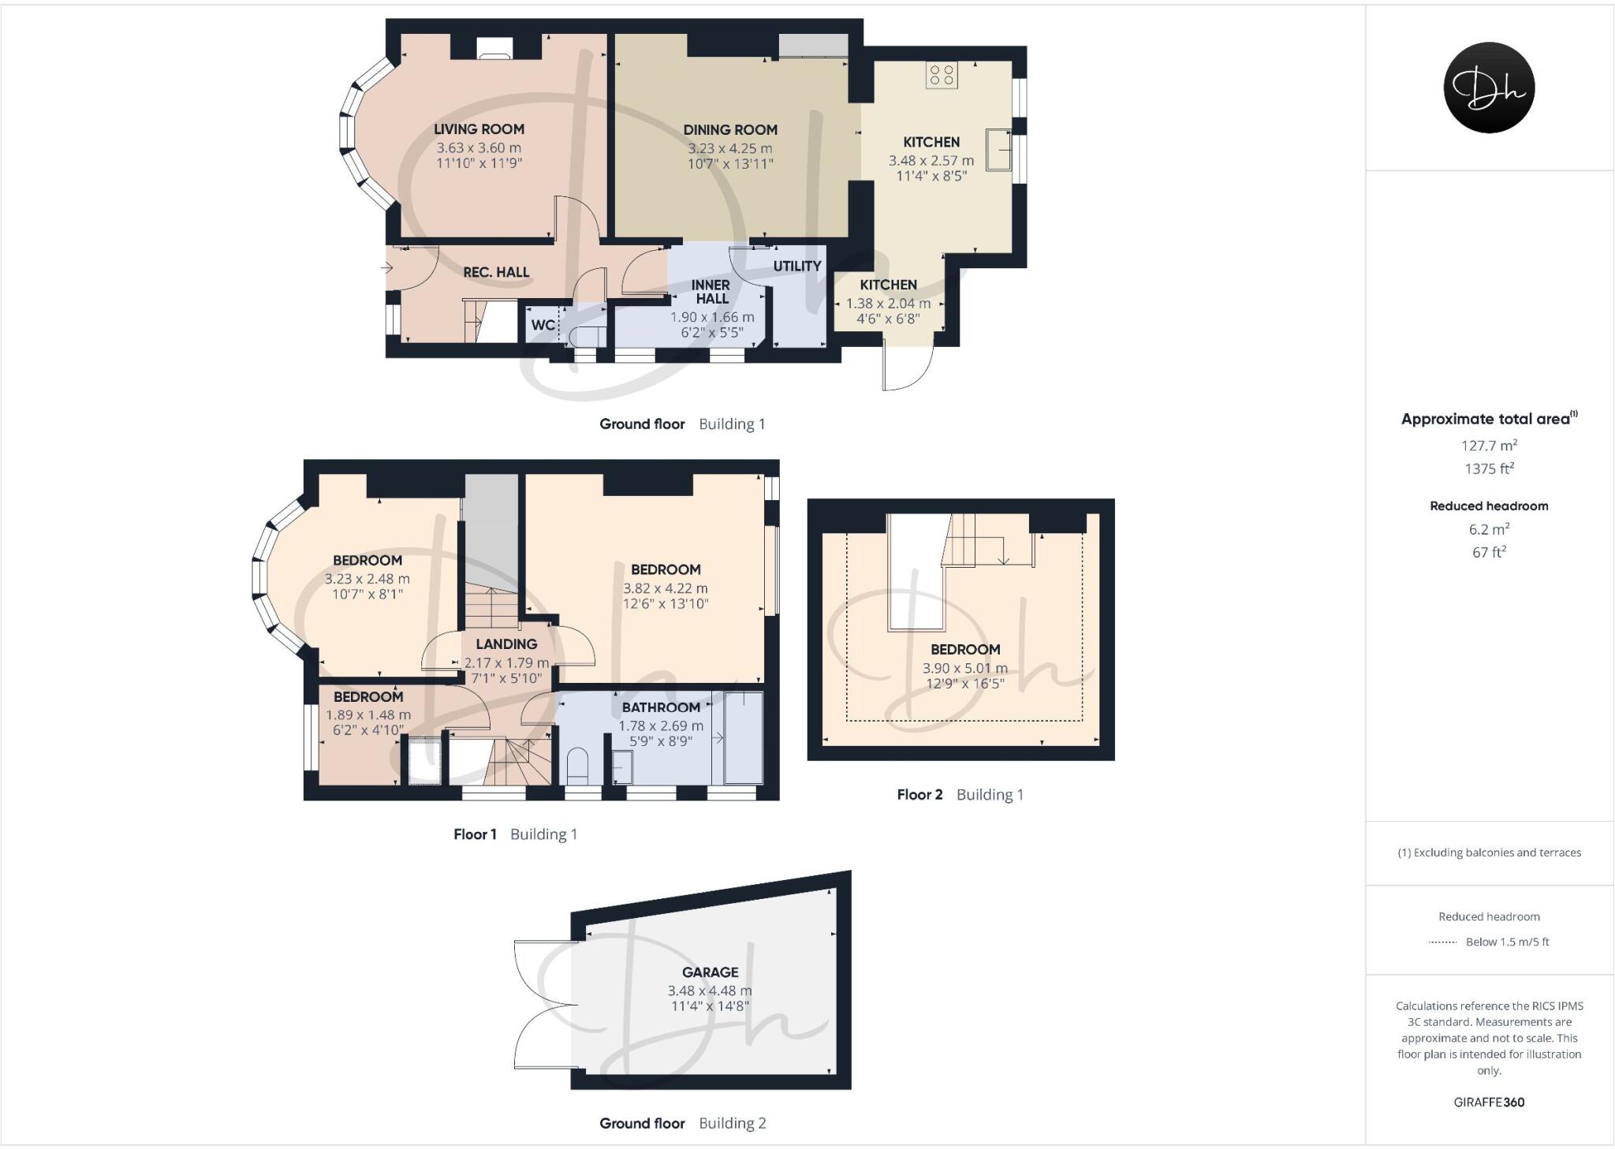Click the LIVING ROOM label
point(479,129)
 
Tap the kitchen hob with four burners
point(942,75)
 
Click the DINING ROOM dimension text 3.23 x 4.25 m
point(729,148)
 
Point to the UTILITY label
point(796,267)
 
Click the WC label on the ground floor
point(542,325)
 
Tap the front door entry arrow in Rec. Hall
point(387,268)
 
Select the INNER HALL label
point(711,292)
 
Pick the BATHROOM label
point(661,707)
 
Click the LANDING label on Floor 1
point(506,644)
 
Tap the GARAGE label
point(710,972)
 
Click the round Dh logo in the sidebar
point(1489,88)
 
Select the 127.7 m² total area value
point(1489,446)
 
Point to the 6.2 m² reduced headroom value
point(1489,529)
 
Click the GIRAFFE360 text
point(1489,1102)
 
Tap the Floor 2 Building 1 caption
point(960,795)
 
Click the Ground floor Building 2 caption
point(682,1123)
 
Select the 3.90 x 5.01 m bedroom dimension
point(964,668)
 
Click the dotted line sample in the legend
point(1442,942)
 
